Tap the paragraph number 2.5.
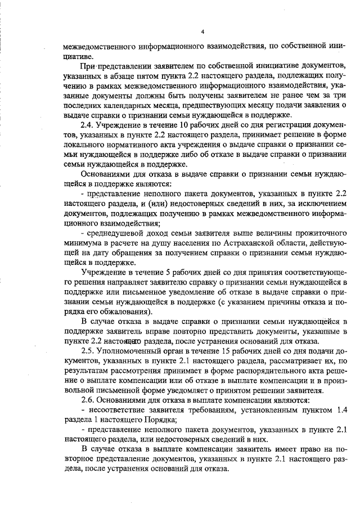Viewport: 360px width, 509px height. [88, 349]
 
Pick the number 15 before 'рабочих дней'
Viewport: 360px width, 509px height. [213, 349]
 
